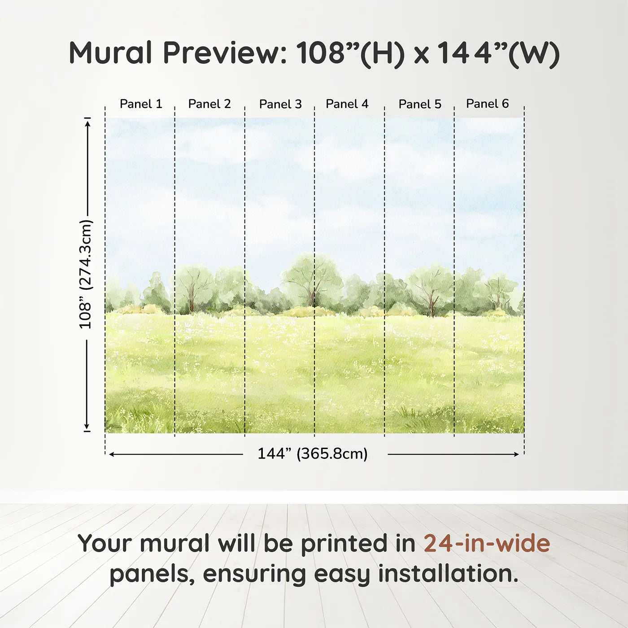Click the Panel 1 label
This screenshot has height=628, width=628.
tap(141, 104)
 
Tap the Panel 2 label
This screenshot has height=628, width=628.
tap(209, 104)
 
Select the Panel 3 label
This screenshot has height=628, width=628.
tap(280, 104)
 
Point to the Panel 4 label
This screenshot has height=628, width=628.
tap(347, 104)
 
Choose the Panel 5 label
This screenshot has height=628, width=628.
tap(420, 104)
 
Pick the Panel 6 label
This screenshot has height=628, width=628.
tap(487, 104)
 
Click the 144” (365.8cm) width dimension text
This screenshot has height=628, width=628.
tap(312, 454)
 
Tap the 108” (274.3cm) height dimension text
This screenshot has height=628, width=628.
tap(85, 274)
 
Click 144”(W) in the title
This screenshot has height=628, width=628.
tap(498, 53)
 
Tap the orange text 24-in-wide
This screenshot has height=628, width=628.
tap(487, 544)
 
